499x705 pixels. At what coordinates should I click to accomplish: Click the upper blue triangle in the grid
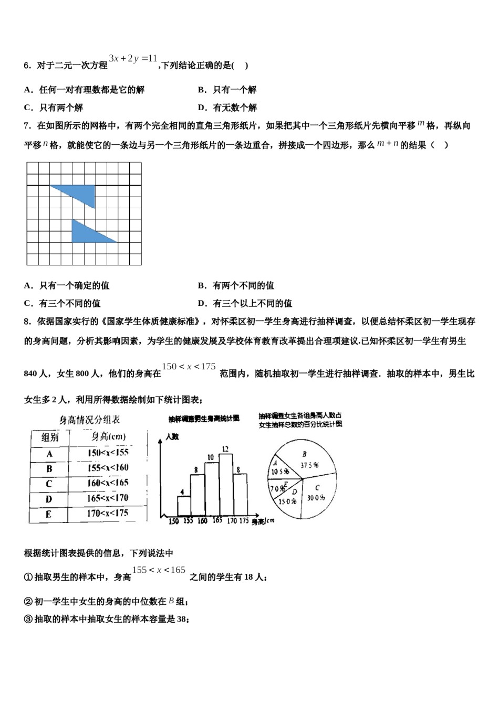click(x=81, y=193)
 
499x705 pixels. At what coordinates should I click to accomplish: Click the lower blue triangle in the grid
click(x=87, y=234)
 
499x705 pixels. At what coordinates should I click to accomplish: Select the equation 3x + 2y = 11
click(x=133, y=59)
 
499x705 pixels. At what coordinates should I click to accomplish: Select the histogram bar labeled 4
click(x=184, y=505)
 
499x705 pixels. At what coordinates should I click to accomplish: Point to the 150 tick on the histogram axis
click(x=173, y=521)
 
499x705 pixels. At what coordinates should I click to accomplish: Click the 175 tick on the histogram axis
click(x=244, y=521)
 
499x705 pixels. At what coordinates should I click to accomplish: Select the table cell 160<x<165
click(x=107, y=483)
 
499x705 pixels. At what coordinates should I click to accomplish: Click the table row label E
click(x=49, y=514)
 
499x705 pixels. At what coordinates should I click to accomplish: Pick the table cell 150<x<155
click(x=108, y=453)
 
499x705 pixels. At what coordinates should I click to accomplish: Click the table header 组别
click(x=49, y=437)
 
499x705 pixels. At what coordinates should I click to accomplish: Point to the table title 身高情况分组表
click(x=89, y=420)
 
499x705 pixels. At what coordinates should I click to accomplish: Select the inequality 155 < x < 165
click(x=159, y=570)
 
